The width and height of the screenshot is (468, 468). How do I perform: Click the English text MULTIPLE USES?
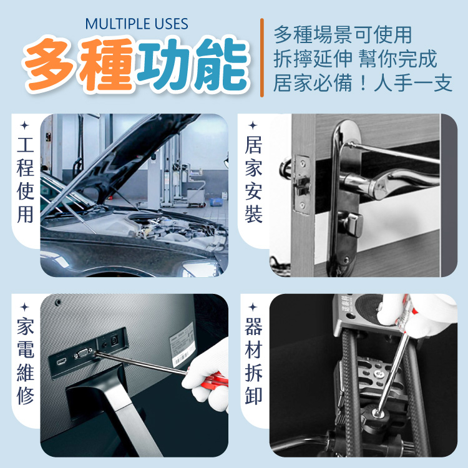pyautogui.click(x=137, y=24)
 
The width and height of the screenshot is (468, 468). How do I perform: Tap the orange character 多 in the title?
pyautogui.click(x=51, y=64)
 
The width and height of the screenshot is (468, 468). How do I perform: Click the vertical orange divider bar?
pyautogui.click(x=261, y=57)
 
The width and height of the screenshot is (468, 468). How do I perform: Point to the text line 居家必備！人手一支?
pyautogui.click(x=363, y=82)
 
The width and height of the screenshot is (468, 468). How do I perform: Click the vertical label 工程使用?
pyautogui.click(x=26, y=180)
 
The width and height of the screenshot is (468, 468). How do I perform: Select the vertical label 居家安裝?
pyautogui.click(x=253, y=180)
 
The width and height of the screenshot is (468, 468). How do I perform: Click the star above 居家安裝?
pyautogui.click(x=253, y=125)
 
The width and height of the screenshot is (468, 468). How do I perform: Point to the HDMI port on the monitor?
pyautogui.click(x=62, y=362)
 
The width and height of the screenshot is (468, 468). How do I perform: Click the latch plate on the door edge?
pyautogui.click(x=302, y=184)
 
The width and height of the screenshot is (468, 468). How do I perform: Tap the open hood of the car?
pyautogui.click(x=125, y=158)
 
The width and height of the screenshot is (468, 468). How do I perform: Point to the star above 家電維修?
pyautogui.click(x=25, y=307)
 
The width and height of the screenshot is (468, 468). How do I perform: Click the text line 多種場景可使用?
pyautogui.click(x=343, y=34)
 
